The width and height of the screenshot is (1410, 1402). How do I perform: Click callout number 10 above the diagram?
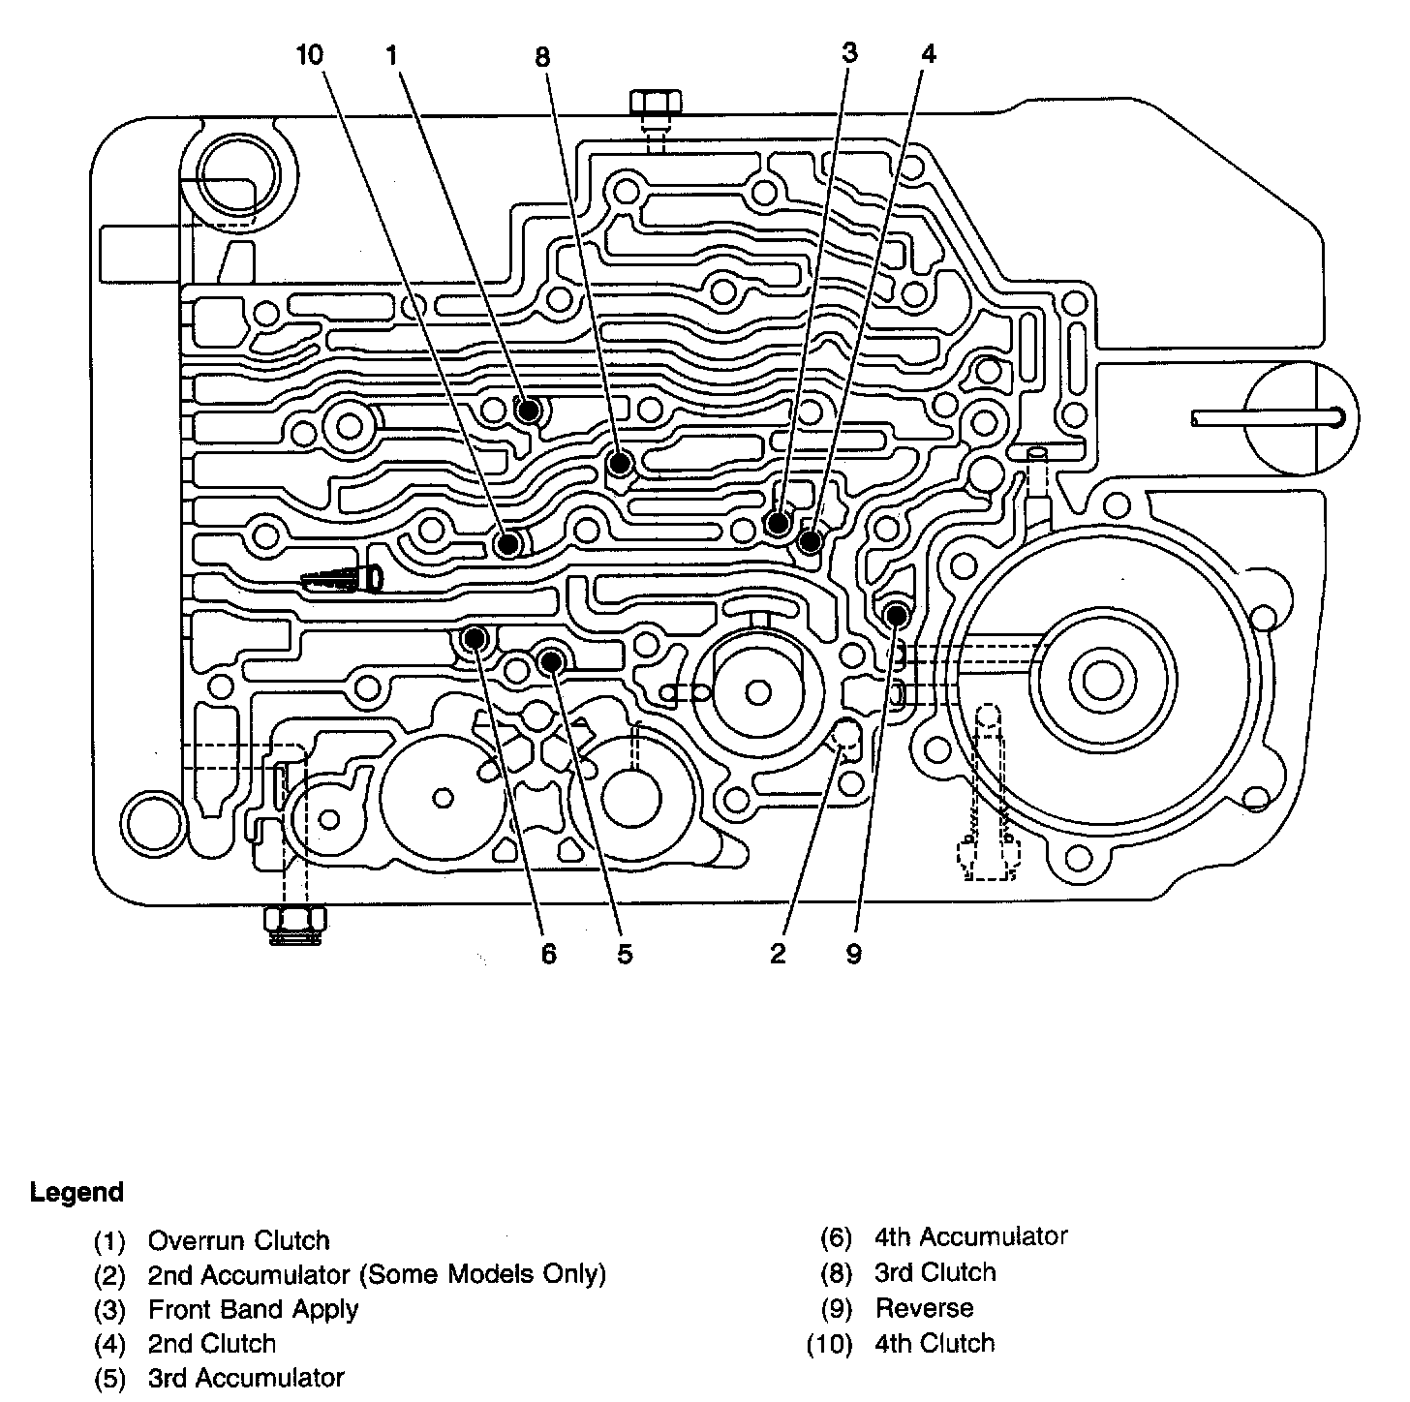click(x=310, y=55)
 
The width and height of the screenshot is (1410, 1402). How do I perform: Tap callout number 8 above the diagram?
click(x=542, y=57)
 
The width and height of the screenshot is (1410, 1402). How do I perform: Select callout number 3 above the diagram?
click(x=848, y=52)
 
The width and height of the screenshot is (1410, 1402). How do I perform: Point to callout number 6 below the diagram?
click(x=549, y=954)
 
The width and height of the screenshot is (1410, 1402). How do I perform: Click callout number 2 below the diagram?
click(x=777, y=954)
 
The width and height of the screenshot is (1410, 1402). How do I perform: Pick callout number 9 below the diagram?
click(x=853, y=954)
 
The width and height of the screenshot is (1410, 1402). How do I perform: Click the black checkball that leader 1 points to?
click(x=529, y=410)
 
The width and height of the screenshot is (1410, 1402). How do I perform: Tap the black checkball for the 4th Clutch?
click(x=507, y=544)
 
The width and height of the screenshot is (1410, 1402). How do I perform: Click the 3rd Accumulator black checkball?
click(x=550, y=661)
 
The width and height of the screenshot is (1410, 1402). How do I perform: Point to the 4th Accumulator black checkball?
click(x=475, y=639)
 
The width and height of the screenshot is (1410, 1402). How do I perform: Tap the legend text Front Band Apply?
click(x=253, y=1310)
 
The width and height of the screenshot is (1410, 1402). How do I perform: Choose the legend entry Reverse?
click(x=924, y=1308)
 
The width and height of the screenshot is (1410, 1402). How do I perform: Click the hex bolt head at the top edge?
click(x=656, y=102)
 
